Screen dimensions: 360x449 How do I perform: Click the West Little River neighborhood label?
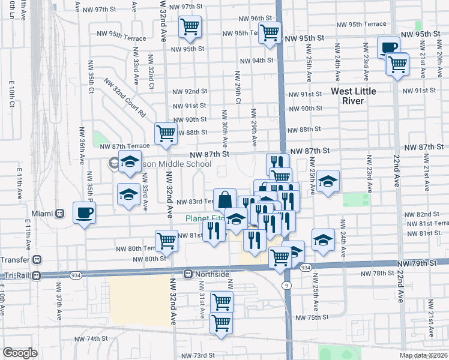(362, 95)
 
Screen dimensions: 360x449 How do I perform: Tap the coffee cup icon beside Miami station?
(84, 212)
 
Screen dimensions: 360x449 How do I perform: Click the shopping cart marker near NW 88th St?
(166, 133)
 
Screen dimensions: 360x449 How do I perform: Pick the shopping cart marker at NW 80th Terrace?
(166, 240)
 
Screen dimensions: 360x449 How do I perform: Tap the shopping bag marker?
(224, 199)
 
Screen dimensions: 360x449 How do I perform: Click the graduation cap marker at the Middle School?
(129, 162)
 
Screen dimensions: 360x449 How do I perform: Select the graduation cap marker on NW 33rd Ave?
(128, 195)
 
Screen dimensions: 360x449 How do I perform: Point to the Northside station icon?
(188, 274)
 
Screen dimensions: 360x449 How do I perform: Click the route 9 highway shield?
(288, 286)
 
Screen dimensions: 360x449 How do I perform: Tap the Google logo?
(20, 353)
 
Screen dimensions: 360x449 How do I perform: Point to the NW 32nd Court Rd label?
(125, 96)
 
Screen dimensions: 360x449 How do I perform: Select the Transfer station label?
(15, 259)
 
